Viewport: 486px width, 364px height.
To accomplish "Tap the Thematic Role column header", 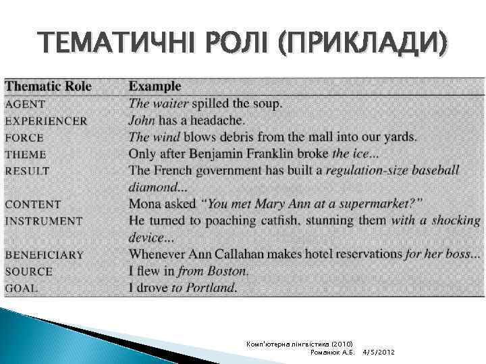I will pyautogui.click(x=48, y=86).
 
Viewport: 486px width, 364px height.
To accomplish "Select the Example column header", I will pyautogui.click(x=155, y=86).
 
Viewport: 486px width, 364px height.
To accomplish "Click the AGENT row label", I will pyautogui.click(x=25, y=104).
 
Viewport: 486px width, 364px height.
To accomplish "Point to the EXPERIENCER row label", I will pyautogui.click(x=46, y=121).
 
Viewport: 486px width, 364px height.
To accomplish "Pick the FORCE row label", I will pyautogui.click(x=24, y=137).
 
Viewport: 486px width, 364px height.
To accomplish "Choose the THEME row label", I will pyautogui.click(x=26, y=154).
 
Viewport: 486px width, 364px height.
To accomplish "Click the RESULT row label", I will pyautogui.click(x=27, y=171).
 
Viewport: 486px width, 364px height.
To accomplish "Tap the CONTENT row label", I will pyautogui.click(x=32, y=204).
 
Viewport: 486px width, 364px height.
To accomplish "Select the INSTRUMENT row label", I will pyautogui.click(x=43, y=220).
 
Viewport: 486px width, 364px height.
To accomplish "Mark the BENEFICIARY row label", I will pyautogui.click(x=45, y=255).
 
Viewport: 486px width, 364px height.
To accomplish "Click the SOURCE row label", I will pyautogui.click(x=28, y=271).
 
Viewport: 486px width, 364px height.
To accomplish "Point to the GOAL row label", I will pyautogui.click(x=22, y=288).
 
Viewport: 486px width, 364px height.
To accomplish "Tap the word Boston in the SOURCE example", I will pyautogui.click(x=228, y=271).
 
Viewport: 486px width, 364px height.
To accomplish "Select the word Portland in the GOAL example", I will pyautogui.click(x=213, y=288).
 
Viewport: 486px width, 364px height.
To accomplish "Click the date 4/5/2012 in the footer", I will pyautogui.click(x=379, y=353).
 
